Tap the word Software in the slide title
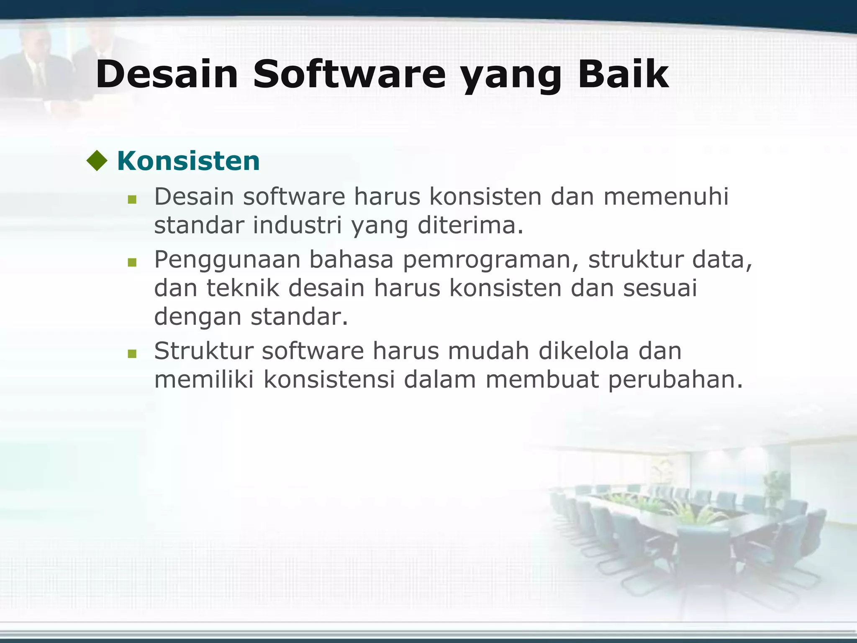pos(349,75)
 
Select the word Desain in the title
pos(167,75)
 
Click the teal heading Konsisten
pos(188,161)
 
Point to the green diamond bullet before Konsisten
pos(97,161)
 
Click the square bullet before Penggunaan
pos(132,262)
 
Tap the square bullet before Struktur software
pos(132,354)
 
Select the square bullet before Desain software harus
pos(132,200)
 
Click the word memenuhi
pos(666,196)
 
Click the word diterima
pos(470,225)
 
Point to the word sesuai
pos(660,288)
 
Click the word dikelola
pos(583,351)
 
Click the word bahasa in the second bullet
pos(352,260)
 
